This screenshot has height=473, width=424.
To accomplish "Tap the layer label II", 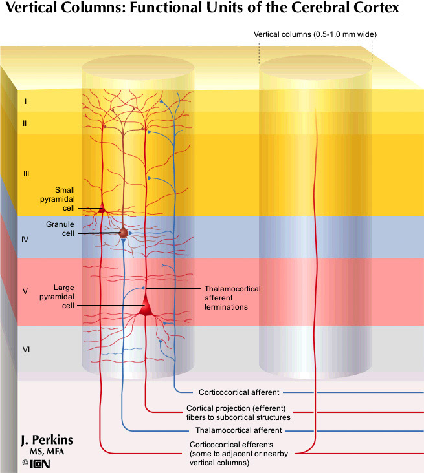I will tap(25, 123).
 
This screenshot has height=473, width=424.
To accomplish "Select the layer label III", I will tap(27, 174).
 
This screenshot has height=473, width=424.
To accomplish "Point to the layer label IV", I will tap(25, 240).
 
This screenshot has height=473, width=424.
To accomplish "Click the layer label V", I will tap(25, 291).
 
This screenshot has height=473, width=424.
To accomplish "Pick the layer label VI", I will tap(27, 350).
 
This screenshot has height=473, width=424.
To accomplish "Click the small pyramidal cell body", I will tap(102, 209).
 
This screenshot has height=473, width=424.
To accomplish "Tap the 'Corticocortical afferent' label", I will tap(239, 392).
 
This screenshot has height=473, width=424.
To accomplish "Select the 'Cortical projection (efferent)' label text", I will tap(236, 409).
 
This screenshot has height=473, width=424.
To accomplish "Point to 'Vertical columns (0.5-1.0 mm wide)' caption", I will tap(315, 34).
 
